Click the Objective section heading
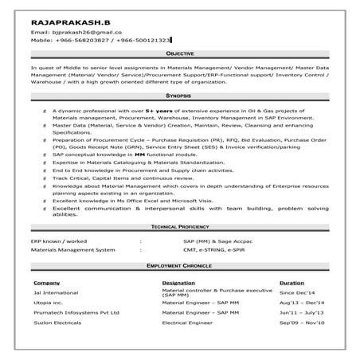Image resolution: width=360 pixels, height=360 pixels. [180, 53]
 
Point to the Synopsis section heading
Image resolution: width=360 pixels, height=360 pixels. [180, 95]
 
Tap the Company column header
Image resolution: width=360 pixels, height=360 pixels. [45, 283]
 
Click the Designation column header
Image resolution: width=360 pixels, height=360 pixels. [178, 283]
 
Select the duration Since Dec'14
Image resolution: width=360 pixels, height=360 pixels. [297, 293]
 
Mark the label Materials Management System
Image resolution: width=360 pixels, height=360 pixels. [68, 249]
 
